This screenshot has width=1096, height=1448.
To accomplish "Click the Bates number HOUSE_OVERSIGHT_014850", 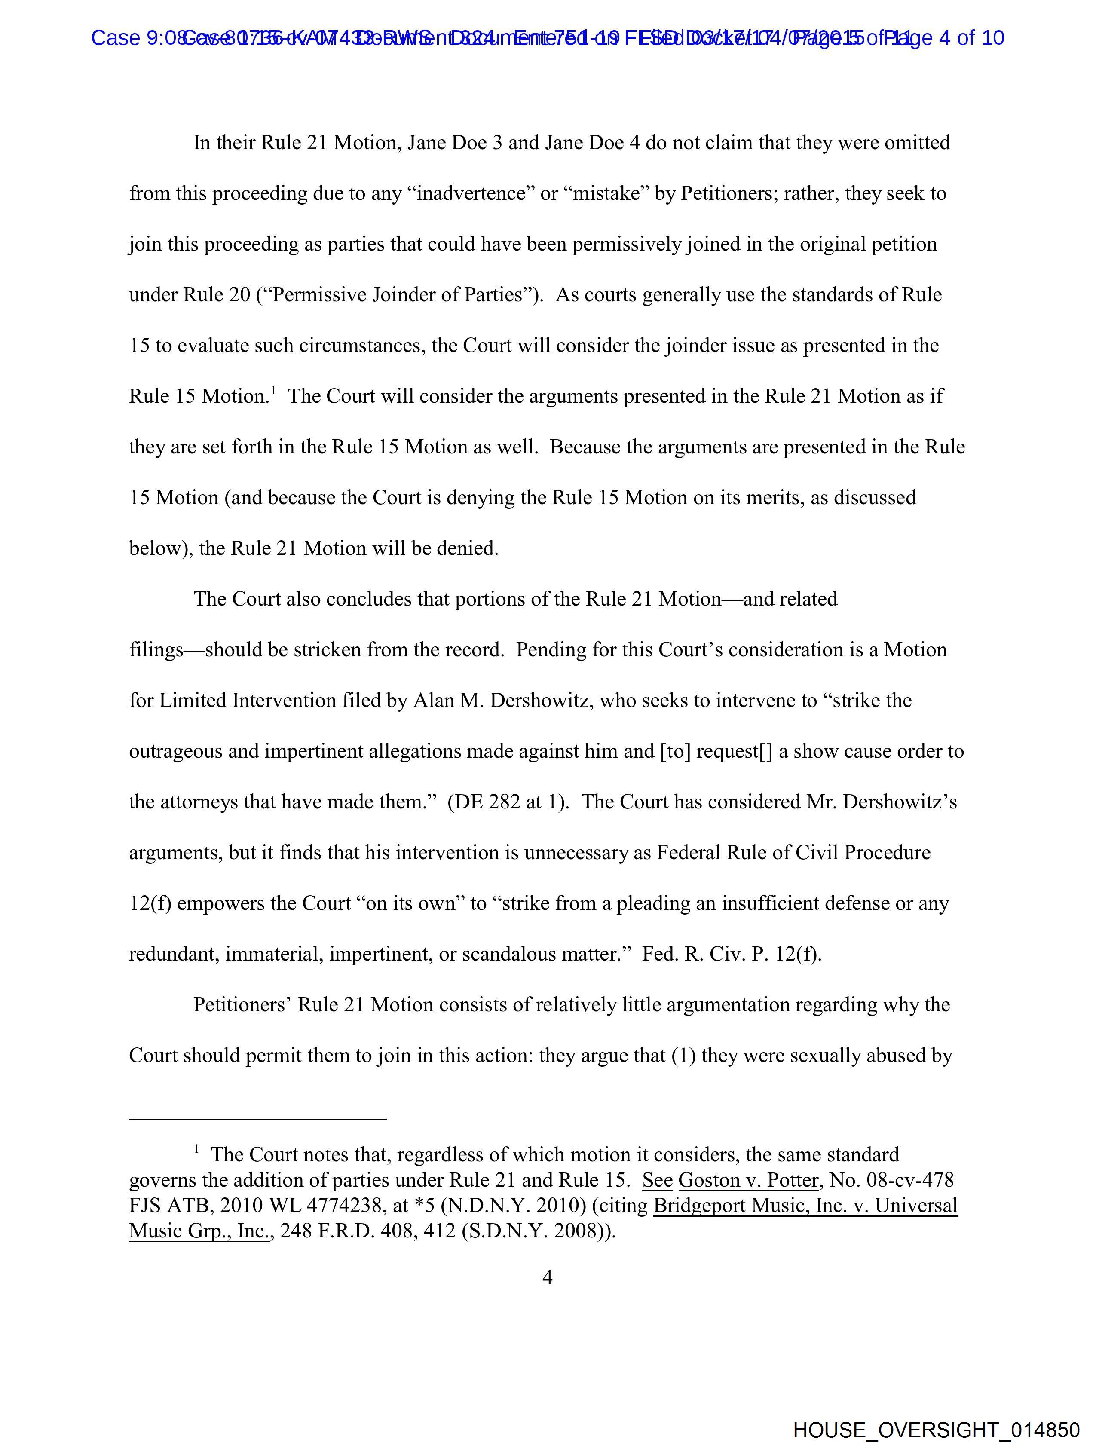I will (x=936, y=1430).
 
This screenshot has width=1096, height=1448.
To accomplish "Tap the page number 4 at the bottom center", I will (x=547, y=1277).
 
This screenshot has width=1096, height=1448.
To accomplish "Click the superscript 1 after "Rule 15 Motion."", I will (x=273, y=391).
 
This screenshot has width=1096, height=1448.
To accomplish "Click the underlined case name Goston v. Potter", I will (x=748, y=1180).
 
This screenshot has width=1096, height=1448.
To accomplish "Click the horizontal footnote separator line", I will (x=257, y=1119).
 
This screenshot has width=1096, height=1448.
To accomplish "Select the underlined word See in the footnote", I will (x=657, y=1180).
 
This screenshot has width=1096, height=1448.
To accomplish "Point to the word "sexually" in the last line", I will (x=824, y=1056).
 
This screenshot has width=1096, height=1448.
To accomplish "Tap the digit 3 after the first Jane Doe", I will (x=496, y=143).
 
